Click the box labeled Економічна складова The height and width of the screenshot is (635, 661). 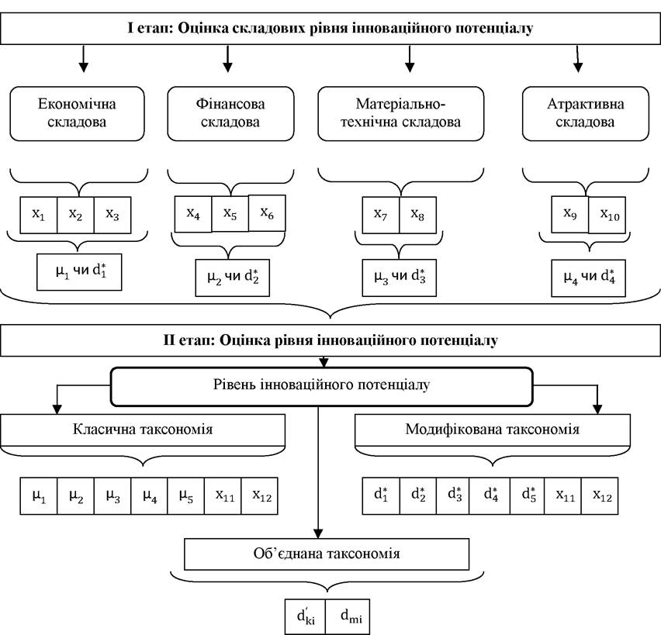[77, 113]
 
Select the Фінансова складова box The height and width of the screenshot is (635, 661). [230, 113]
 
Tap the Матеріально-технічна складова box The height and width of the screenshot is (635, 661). [400, 113]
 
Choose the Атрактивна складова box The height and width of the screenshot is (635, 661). [585, 113]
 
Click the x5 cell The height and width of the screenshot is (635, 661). [230, 214]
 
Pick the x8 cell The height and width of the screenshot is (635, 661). [417, 215]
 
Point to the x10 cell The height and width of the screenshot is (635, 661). [607, 215]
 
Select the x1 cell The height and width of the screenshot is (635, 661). [38, 215]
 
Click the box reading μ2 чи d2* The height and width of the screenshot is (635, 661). [232, 278]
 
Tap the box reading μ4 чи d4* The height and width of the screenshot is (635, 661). [589, 278]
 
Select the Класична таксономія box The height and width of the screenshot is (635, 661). [143, 430]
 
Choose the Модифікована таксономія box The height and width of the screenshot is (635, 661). [493, 430]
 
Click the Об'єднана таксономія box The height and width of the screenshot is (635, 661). [327, 554]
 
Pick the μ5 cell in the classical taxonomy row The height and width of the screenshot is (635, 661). [186, 496]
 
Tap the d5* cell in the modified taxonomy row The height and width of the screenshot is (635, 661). [527, 496]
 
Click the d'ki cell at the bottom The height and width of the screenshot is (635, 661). [305, 616]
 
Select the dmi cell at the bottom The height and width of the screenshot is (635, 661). [348, 616]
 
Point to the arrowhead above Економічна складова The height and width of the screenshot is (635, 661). [84, 67]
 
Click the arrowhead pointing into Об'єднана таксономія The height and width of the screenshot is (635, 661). [318, 533]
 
